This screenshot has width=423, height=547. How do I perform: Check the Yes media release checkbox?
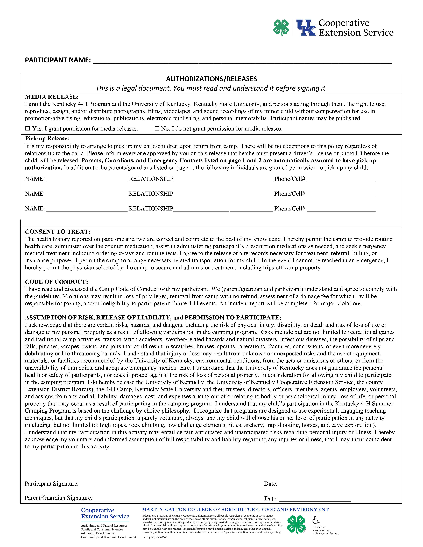pos(28,128)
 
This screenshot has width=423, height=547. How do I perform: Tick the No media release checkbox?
pos(157,128)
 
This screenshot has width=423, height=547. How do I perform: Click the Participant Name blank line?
pos(242,61)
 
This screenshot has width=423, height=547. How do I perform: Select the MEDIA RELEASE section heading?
pos(52,97)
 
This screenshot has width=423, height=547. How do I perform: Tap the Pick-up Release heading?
pos(47,138)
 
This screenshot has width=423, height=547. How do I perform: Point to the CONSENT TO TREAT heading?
pos(58,232)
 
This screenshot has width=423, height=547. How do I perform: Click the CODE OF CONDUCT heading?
pos(56,282)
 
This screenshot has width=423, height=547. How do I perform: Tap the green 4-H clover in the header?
pos(281,28)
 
